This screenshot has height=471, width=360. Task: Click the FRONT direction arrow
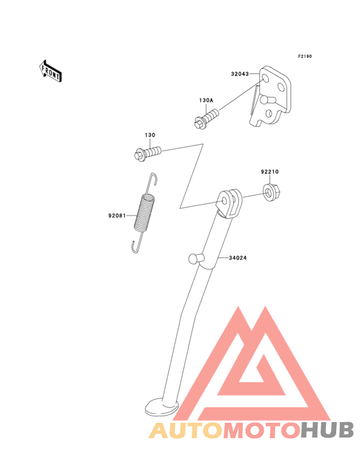point(50,71)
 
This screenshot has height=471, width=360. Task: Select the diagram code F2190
point(305,56)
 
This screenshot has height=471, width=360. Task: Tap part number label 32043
point(240,74)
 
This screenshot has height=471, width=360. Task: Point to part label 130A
point(206,100)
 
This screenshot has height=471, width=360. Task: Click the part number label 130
point(150,135)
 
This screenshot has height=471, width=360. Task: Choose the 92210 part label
point(270,172)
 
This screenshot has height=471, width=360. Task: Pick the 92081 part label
point(117,216)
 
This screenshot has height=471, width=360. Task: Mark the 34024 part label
point(238,258)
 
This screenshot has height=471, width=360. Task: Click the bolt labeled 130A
point(206,119)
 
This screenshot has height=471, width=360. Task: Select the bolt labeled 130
point(148,153)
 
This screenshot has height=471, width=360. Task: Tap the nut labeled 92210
point(271,192)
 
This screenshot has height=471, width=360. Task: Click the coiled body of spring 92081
point(145,213)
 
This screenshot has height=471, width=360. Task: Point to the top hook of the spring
point(154,179)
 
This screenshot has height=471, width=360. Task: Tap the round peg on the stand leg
point(194,259)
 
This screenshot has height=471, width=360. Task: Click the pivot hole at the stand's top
point(224,201)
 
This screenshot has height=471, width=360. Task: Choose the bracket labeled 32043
point(270,97)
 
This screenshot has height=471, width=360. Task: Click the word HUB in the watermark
point(327,430)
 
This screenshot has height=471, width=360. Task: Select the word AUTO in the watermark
point(185,430)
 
